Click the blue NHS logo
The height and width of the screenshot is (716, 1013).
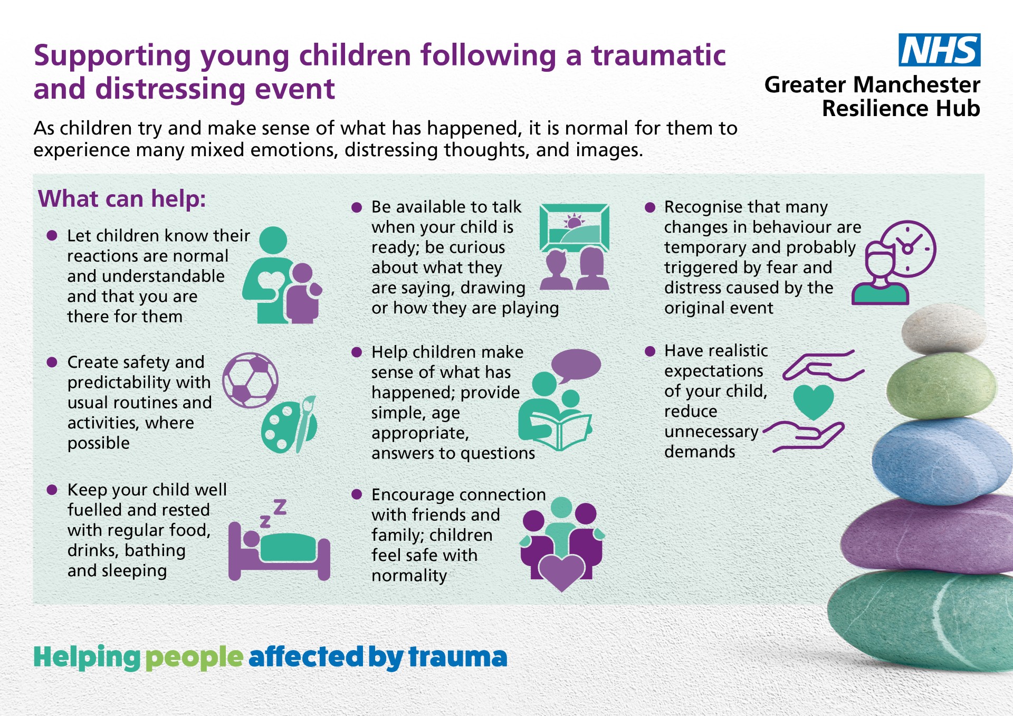(x=939, y=50)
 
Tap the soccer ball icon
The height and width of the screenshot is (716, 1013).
(x=250, y=380)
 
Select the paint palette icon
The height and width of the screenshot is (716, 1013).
(x=289, y=425)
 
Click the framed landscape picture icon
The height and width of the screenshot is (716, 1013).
(x=575, y=228)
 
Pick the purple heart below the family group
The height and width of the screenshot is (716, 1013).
(x=561, y=573)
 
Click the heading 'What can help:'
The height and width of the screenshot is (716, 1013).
(x=122, y=199)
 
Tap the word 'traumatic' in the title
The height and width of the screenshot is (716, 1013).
(x=658, y=55)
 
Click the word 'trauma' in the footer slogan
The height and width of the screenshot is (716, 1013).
(x=458, y=657)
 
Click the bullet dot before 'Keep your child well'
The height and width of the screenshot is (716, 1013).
(x=52, y=490)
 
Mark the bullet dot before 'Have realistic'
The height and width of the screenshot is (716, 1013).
(x=650, y=351)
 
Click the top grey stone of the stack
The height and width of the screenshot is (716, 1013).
(x=943, y=329)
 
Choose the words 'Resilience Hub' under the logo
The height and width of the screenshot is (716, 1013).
(x=901, y=109)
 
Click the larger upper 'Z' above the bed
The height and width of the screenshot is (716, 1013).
(x=280, y=507)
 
